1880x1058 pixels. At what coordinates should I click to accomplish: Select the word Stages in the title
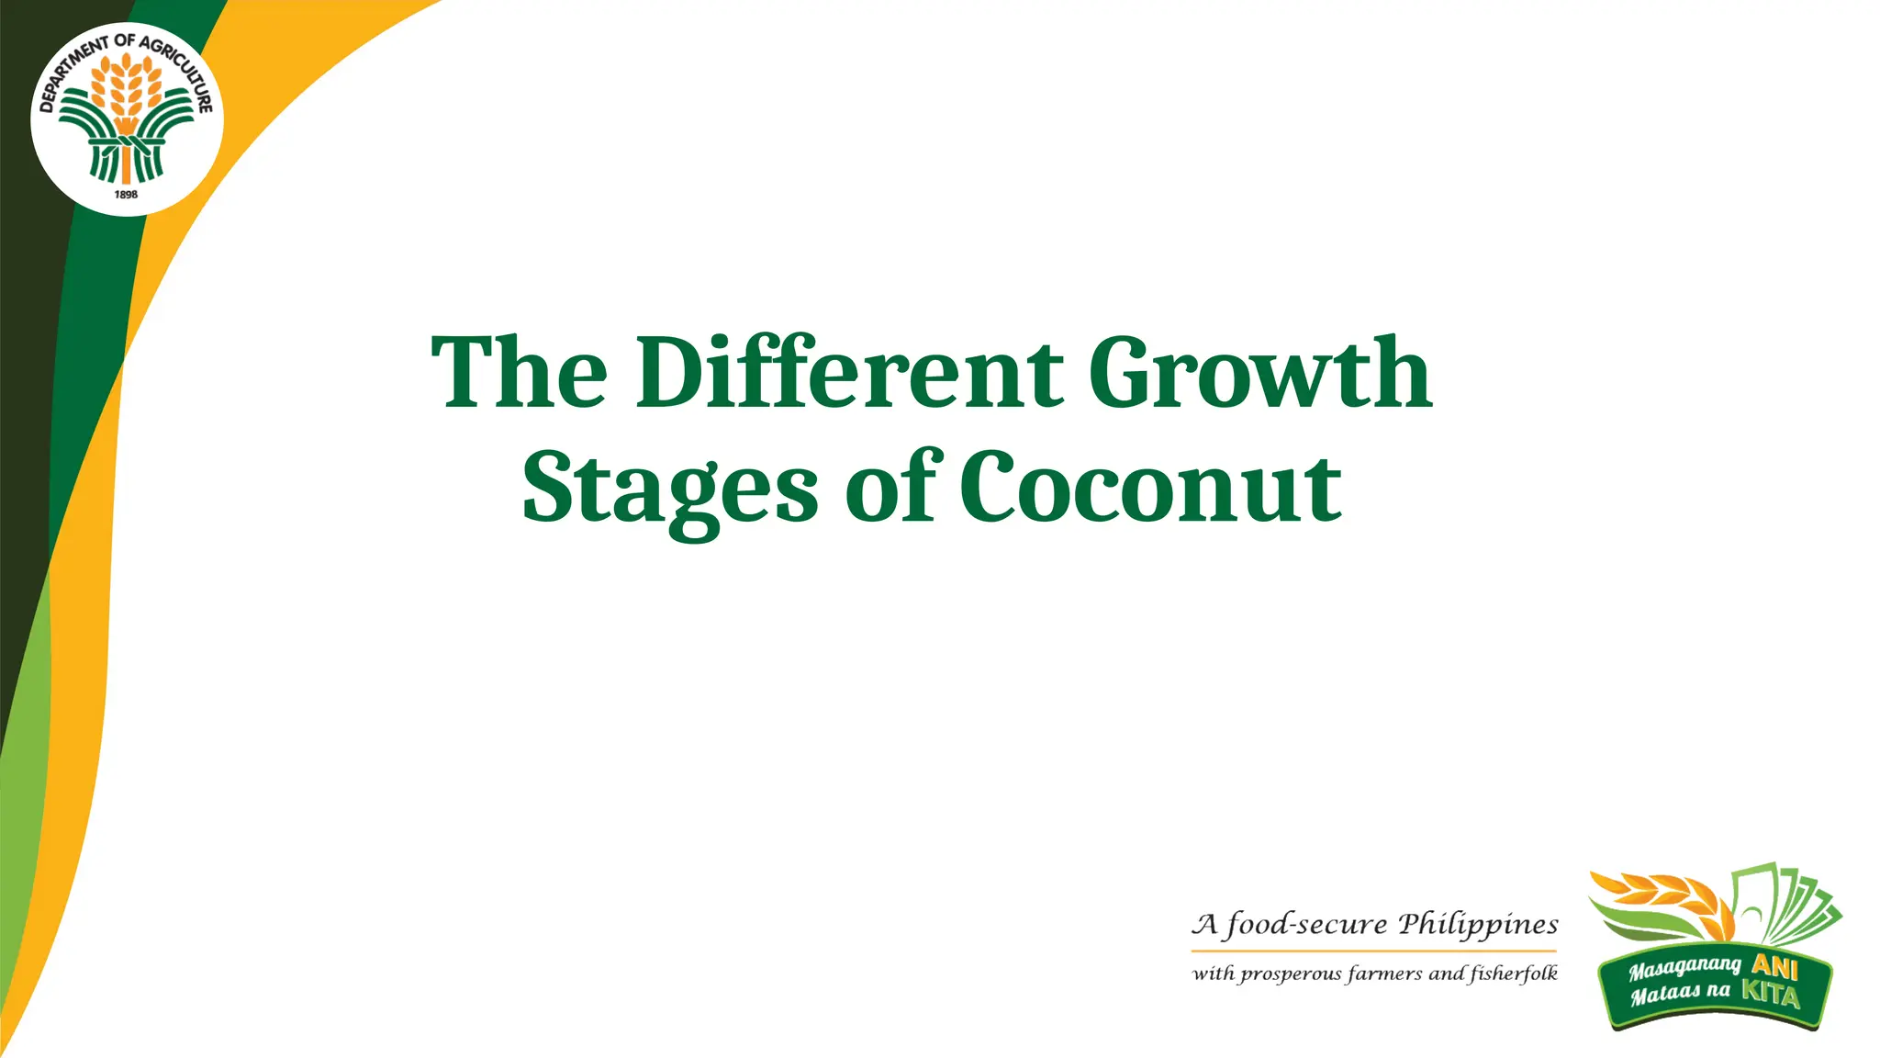click(670, 489)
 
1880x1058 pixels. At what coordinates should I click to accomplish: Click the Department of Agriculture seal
click(127, 119)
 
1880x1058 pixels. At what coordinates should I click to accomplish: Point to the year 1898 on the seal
click(126, 195)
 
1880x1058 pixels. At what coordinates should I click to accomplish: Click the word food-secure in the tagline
click(1306, 924)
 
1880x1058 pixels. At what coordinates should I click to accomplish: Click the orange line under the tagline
click(1374, 951)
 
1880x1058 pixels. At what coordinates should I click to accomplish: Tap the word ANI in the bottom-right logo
click(1774, 966)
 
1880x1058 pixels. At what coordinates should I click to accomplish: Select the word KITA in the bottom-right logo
click(1771, 993)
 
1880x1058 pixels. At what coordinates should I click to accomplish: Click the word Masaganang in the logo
click(1684, 968)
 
